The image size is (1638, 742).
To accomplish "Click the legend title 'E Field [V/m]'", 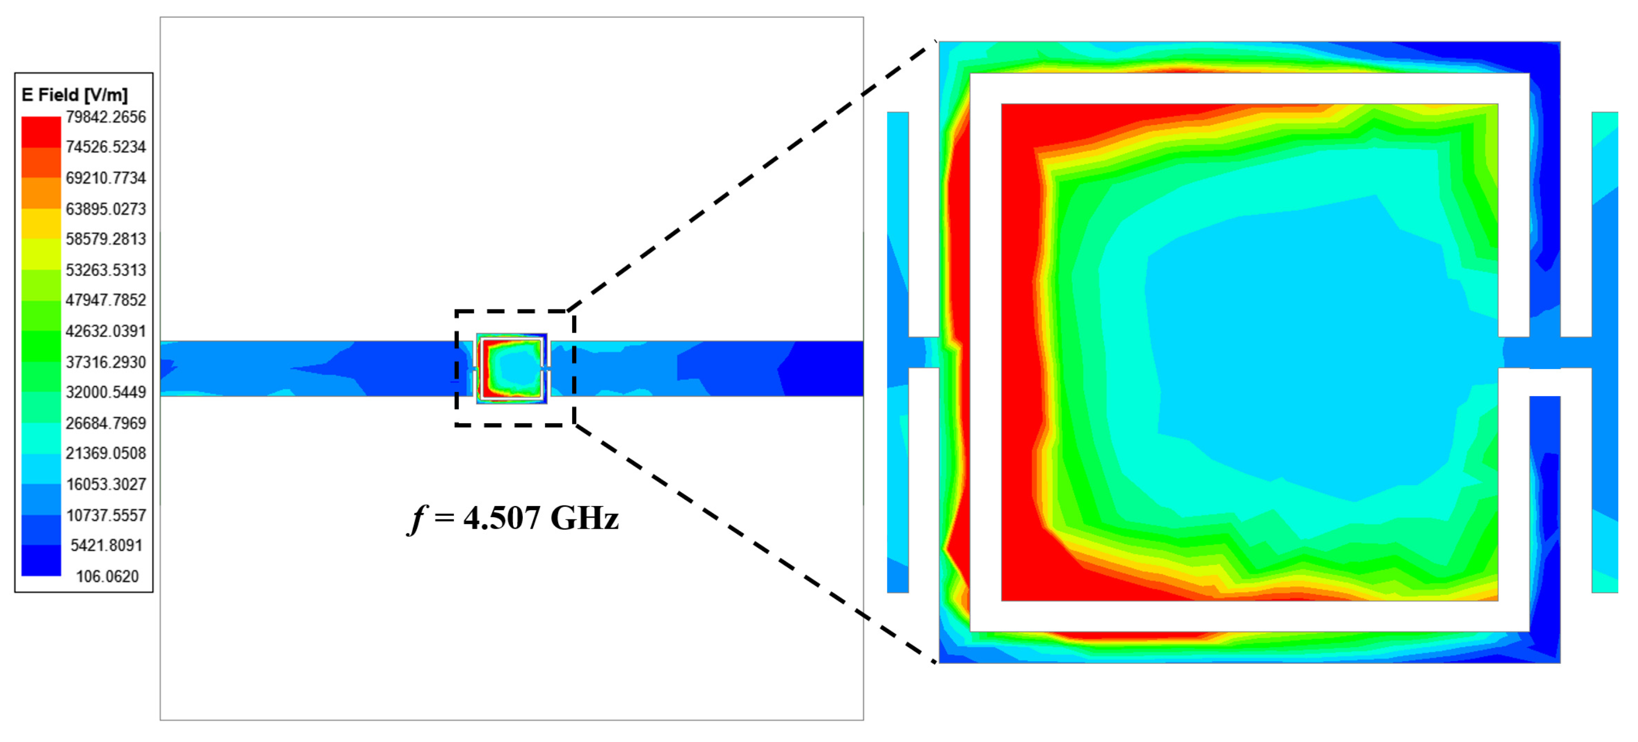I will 75,95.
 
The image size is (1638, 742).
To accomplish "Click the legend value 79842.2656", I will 105,117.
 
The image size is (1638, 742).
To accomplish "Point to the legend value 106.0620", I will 107,576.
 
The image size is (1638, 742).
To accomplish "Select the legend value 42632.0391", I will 105,331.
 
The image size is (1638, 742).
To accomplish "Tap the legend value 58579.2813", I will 105,239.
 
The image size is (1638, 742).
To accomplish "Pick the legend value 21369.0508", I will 105,453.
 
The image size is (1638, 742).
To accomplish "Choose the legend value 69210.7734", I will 105,178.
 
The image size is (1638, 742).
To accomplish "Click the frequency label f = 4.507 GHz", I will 512,518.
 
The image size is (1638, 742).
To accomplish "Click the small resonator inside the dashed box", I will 512,369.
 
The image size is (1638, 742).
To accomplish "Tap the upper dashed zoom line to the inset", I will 750,178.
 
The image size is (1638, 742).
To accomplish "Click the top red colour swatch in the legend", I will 40,132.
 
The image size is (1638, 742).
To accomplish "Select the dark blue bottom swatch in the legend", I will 40,561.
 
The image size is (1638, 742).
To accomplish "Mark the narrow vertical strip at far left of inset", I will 897,223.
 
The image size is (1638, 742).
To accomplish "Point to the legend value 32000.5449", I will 105,392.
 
